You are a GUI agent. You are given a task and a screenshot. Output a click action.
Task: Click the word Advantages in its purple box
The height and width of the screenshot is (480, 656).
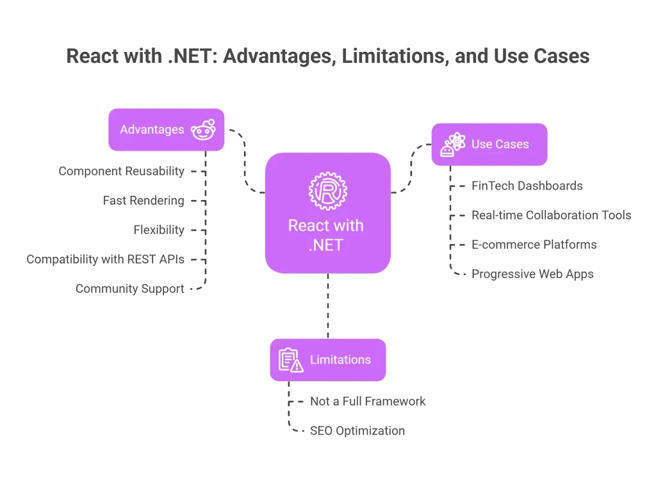[152, 129]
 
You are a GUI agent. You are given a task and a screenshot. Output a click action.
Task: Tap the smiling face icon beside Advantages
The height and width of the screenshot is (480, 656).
[202, 129]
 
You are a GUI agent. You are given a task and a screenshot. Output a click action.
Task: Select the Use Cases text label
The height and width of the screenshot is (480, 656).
[500, 144]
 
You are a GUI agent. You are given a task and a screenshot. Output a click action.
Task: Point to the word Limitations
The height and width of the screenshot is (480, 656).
[340, 360]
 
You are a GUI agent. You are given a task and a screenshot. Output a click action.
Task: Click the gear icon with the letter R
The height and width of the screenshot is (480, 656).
[326, 191]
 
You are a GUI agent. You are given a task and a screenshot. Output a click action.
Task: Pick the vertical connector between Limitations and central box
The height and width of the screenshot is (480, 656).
[329, 305]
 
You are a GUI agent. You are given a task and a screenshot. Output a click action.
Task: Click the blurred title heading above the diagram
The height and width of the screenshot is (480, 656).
[327, 58]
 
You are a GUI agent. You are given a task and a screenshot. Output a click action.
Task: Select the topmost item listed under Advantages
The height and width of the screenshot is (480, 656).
[120, 172]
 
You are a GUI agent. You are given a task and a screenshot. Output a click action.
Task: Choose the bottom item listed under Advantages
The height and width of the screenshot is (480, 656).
[129, 290]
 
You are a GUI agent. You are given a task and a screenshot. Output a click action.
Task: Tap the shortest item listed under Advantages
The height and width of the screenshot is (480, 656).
[159, 229]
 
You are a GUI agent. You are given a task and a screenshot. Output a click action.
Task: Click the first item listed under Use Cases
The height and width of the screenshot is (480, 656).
[527, 187]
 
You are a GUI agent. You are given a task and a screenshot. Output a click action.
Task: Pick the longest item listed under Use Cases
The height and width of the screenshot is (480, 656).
[552, 215]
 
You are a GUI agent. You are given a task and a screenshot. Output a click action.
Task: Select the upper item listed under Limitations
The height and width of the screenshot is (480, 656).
[368, 402]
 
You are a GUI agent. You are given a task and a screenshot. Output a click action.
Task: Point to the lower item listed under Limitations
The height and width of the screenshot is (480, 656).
[348, 431]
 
